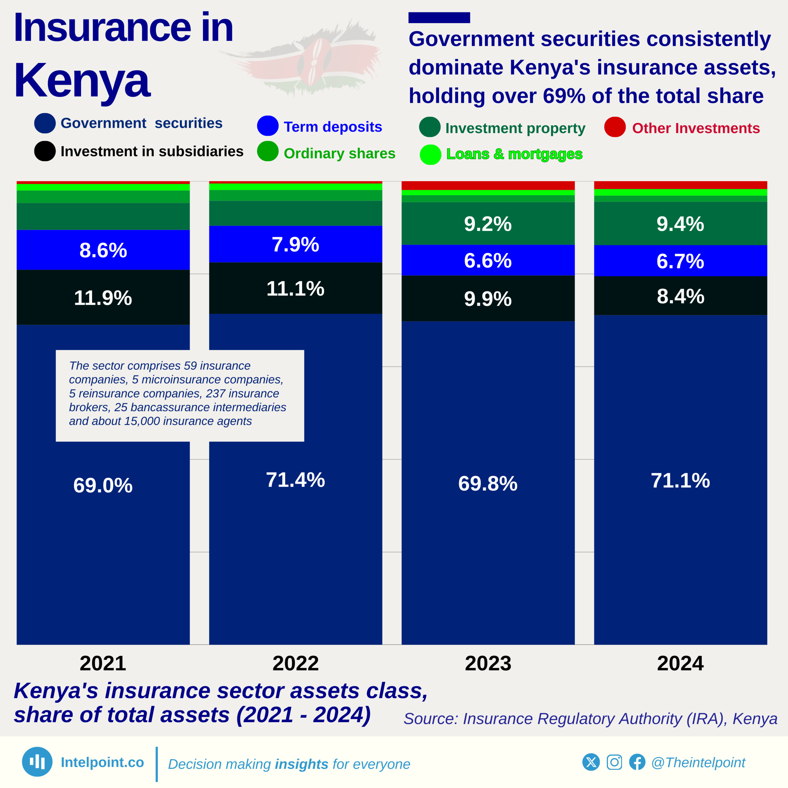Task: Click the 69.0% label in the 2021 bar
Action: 103,485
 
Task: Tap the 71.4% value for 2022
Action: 295,480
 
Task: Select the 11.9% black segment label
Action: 103,298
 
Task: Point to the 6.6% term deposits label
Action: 488,261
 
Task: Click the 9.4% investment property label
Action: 680,224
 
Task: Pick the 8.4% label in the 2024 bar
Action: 680,296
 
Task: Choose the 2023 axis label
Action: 488,663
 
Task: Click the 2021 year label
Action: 103,663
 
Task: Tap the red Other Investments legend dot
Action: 615,127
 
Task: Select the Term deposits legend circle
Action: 267,126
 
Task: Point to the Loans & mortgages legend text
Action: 514,154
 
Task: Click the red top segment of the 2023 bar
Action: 488,186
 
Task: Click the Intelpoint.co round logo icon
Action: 37,762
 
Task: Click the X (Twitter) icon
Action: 591,762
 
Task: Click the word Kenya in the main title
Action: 82,81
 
